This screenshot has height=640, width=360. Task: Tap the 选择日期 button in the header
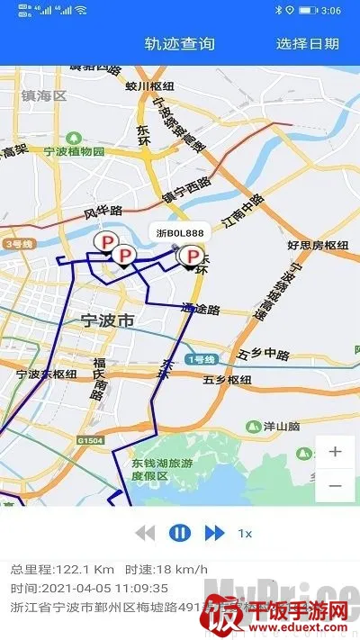[308, 43]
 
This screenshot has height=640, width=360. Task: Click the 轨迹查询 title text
[180, 43]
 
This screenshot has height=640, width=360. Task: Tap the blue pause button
[180, 533]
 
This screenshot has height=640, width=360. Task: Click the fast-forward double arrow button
[214, 533]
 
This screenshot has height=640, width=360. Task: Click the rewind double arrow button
[145, 533]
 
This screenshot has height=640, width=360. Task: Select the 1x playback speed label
[245, 533]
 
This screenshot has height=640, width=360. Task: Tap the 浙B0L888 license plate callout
[178, 232]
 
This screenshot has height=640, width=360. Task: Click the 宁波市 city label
[107, 320]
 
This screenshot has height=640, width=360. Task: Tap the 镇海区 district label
[45, 95]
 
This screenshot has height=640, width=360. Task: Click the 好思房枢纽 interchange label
[317, 244]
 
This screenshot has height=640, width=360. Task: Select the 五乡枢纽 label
[226, 380]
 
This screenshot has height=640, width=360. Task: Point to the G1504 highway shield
[90, 441]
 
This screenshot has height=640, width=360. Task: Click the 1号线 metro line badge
[202, 359]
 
